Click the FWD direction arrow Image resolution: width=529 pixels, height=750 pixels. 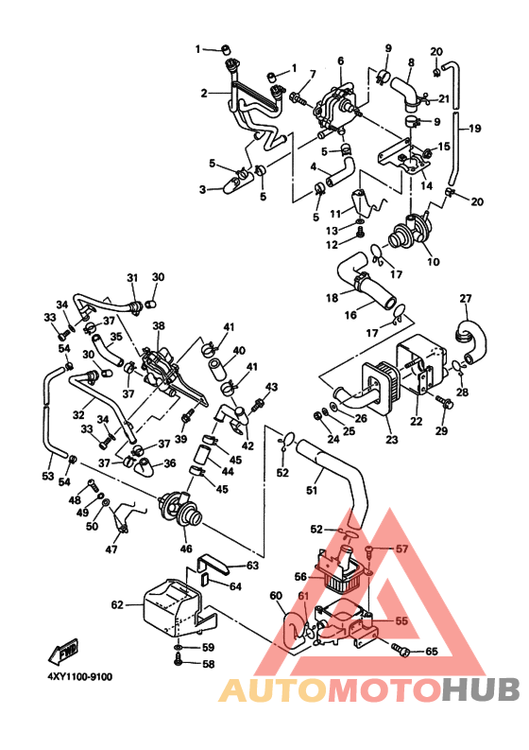[x=63, y=651]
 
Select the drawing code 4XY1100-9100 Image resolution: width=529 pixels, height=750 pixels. [x=79, y=676]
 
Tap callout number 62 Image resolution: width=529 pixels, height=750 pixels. [x=117, y=605]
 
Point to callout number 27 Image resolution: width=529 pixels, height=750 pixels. [x=466, y=299]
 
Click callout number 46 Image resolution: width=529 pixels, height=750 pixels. [x=185, y=549]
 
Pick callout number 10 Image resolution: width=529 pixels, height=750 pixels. [x=434, y=262]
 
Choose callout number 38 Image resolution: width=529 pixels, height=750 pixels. [x=158, y=325]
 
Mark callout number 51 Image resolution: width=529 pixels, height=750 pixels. [x=312, y=490]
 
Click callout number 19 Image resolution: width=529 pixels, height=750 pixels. [x=474, y=129]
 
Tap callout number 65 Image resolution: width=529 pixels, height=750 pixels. [x=432, y=652]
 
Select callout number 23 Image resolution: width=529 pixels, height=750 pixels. [x=392, y=439]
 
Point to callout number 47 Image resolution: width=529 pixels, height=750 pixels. [x=111, y=549]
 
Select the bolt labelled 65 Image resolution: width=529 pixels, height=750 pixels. [x=401, y=650]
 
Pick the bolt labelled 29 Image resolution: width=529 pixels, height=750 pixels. [x=445, y=402]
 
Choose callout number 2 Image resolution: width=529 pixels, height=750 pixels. [x=204, y=93]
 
